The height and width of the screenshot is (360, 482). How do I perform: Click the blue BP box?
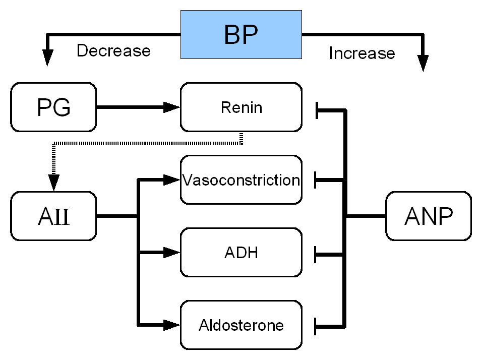tap(241, 34)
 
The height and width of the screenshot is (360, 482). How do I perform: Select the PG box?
tap(53, 107)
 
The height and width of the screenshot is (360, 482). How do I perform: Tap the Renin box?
tap(241, 107)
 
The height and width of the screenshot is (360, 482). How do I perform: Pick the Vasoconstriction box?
tap(241, 180)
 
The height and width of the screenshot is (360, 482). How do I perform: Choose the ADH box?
tap(241, 253)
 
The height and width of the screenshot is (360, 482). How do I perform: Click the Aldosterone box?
tap(241, 325)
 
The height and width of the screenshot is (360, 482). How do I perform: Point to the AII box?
tap(53, 216)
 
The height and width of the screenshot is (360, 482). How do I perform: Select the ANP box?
tap(429, 216)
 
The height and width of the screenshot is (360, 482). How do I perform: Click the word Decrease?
tap(114, 50)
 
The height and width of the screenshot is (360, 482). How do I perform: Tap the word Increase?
tap(362, 53)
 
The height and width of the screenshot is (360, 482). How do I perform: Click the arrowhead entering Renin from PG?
tap(171, 107)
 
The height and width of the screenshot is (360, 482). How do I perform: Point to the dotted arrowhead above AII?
tap(54, 183)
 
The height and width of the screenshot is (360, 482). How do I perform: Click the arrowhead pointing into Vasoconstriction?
tap(171, 180)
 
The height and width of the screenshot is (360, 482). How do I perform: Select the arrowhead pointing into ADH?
tap(171, 253)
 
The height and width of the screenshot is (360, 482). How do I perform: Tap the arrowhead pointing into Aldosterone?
tap(171, 325)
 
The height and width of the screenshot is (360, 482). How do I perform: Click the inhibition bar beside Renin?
tap(317, 110)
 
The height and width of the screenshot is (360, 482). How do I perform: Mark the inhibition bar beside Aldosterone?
tap(316, 327)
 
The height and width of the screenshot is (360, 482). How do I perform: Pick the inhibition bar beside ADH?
tap(316, 255)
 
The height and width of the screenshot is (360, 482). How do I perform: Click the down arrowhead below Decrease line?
tap(47, 57)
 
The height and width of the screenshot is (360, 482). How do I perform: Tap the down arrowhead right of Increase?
tap(423, 64)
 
